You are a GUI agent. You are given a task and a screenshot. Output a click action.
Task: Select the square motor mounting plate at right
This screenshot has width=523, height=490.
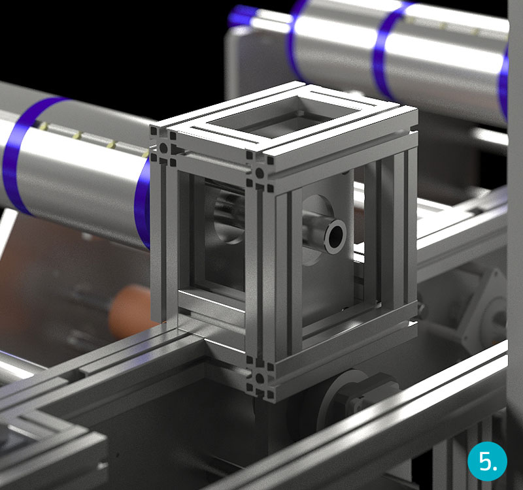click(x=487, y=307)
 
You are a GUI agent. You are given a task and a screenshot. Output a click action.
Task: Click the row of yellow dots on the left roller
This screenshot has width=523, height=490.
click(x=92, y=137)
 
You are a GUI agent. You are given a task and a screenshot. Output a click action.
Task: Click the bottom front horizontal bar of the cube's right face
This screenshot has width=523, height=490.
click(x=340, y=356)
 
